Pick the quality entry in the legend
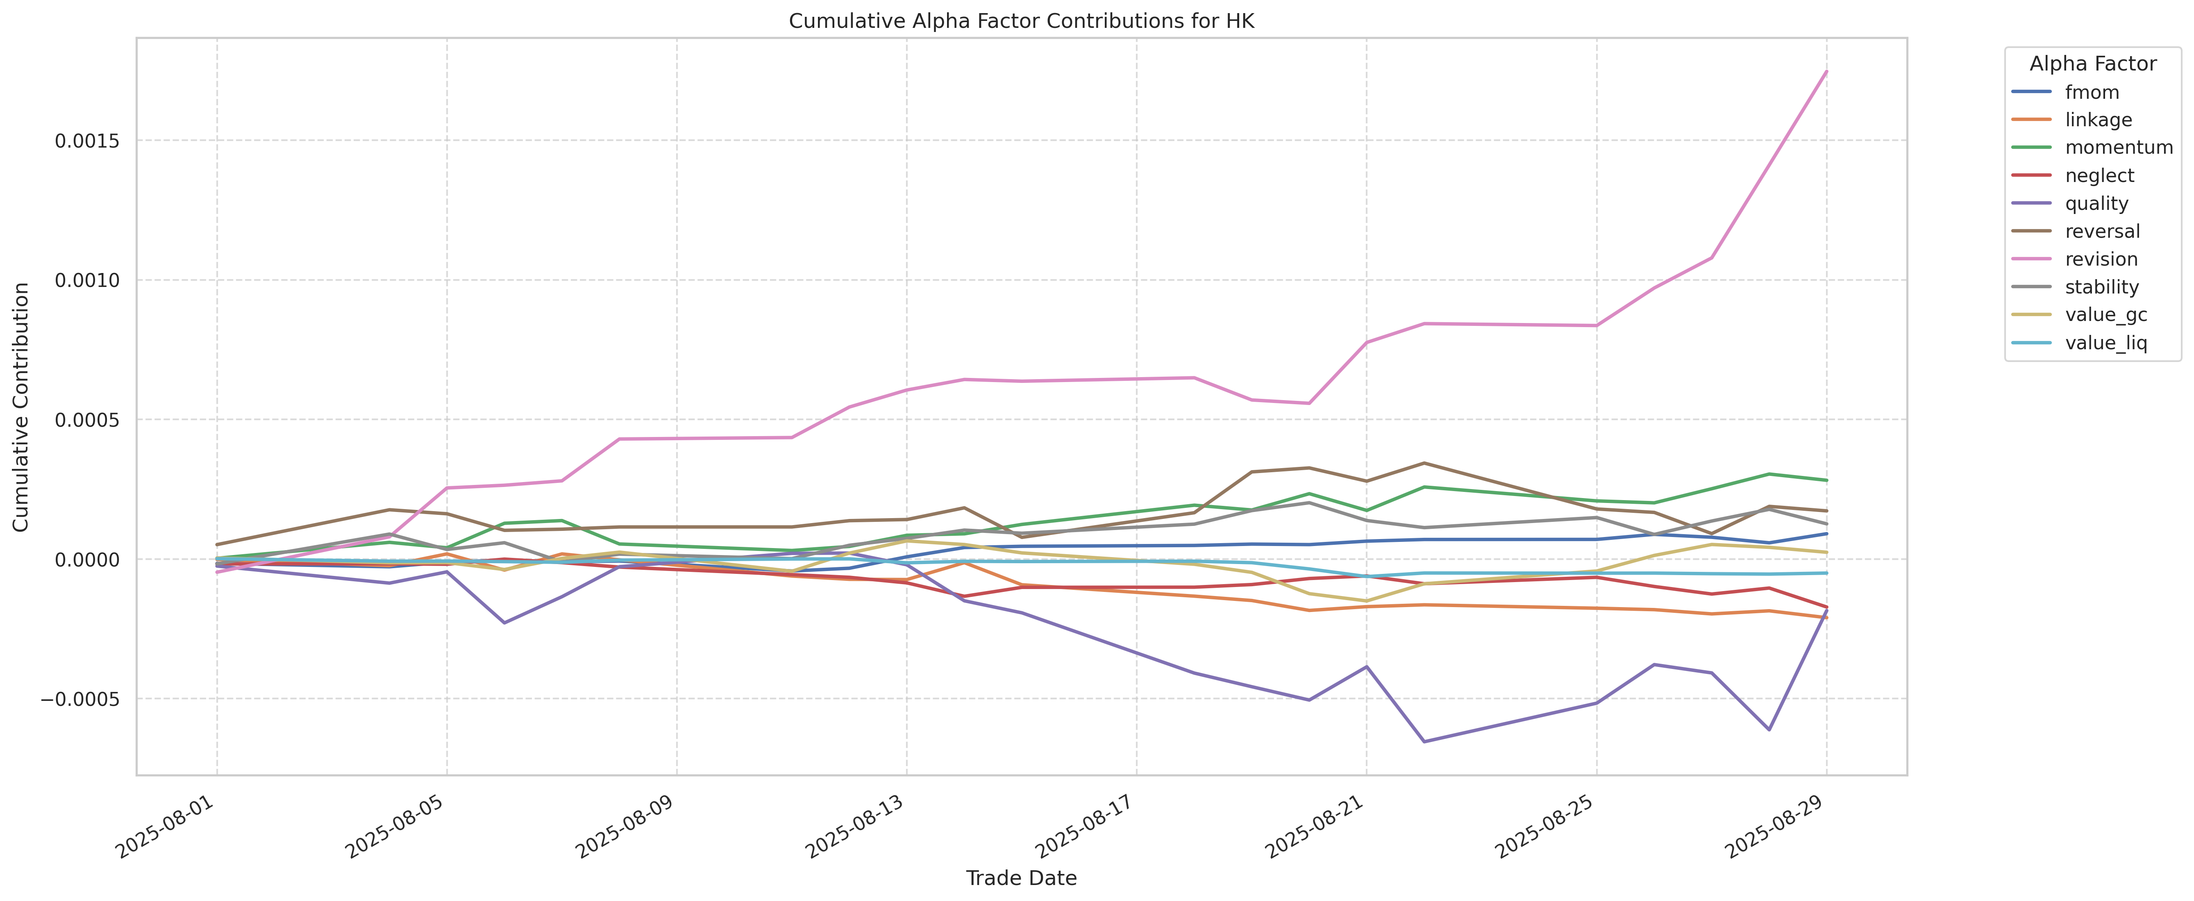[x=2096, y=204]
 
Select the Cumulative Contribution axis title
[x=21, y=407]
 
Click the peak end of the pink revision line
[x=1826, y=72]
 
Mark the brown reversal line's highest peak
[x=1424, y=463]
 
